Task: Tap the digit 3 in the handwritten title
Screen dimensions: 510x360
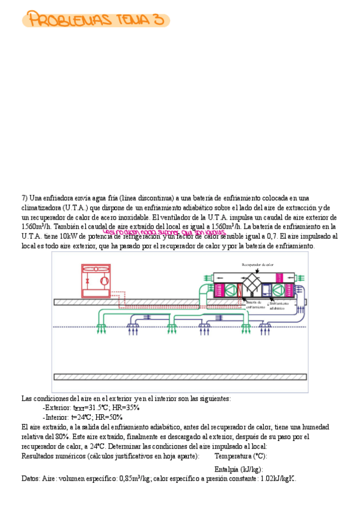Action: tap(158, 20)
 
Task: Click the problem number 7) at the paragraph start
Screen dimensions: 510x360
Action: tap(25, 198)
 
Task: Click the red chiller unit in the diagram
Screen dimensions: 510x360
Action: tap(96, 280)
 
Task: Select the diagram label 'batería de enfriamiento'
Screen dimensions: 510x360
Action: tap(254, 305)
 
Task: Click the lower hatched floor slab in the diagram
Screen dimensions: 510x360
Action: tap(180, 376)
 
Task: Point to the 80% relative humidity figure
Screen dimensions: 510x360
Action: tap(59, 436)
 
